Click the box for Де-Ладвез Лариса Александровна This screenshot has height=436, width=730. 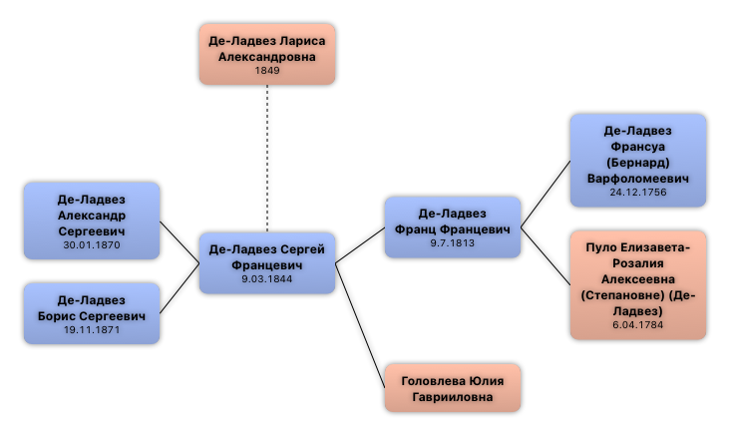266,54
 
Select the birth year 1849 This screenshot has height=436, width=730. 266,71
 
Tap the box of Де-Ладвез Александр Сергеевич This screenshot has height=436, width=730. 92,220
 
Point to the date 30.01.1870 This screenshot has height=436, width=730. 92,245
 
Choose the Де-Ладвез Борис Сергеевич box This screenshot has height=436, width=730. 92,313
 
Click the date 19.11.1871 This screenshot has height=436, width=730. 92,330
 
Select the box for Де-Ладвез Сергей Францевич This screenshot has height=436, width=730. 266,262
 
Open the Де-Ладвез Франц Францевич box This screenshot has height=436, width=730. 452,227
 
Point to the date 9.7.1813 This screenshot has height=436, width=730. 452,244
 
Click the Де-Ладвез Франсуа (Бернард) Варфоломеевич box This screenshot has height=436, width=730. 637,160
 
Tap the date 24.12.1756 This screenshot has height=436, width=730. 637,194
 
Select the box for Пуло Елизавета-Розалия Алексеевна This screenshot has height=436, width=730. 637,285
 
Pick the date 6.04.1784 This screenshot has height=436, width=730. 637,325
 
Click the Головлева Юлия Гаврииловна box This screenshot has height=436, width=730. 452,387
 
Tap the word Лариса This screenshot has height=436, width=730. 303,42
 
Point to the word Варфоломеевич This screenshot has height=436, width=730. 637,179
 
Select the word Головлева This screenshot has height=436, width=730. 434,380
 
